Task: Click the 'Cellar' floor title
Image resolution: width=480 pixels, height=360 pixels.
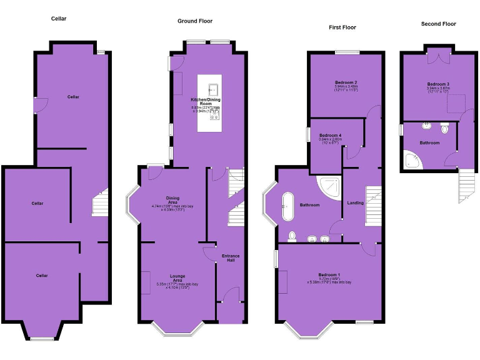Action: [x=59, y=19]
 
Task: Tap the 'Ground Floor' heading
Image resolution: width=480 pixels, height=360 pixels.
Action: [x=195, y=21]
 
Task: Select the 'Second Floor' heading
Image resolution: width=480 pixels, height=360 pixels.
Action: [x=438, y=24]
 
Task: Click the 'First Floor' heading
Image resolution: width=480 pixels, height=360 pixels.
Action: [x=342, y=27]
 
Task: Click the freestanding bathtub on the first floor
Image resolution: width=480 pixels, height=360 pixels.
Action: [x=288, y=206]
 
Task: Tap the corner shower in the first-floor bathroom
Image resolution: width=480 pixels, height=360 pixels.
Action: [x=328, y=186]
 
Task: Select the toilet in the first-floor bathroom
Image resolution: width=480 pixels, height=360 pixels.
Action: [x=292, y=236]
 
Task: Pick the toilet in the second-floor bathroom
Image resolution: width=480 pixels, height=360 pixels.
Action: [x=444, y=129]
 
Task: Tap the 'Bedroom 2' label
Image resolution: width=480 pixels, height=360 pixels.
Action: [x=346, y=82]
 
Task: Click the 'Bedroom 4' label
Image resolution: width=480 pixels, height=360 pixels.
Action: [x=330, y=136]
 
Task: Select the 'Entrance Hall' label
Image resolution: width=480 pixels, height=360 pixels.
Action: [x=230, y=258]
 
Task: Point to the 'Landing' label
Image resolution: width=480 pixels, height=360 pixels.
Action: [x=355, y=203]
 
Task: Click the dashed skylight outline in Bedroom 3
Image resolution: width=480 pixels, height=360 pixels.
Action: [x=456, y=101]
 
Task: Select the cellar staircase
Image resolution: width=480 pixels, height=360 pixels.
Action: [x=100, y=202]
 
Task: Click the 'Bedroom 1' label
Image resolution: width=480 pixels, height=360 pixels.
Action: [x=329, y=275]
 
